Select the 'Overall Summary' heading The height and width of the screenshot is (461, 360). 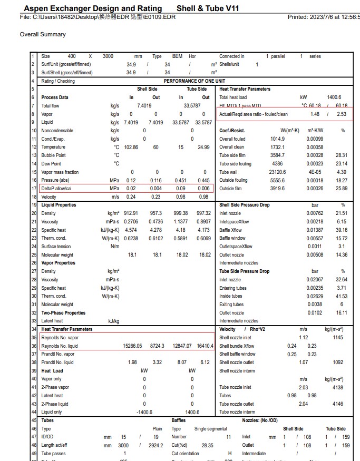point(43,34)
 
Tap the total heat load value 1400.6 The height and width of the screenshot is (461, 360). point(334,97)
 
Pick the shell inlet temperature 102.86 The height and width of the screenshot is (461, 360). point(131,147)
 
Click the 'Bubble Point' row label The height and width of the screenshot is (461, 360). point(54,155)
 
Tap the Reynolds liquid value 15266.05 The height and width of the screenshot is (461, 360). point(132,346)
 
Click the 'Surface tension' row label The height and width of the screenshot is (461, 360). point(56,246)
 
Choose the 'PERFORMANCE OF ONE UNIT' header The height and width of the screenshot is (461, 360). point(194,81)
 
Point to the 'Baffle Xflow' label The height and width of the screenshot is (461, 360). point(232,230)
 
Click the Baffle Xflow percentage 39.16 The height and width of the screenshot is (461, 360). point(342,230)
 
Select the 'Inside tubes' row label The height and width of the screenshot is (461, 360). point(231,296)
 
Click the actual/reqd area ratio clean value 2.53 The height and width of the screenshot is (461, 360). point(342,114)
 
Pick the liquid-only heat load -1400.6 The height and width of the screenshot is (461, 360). point(144,412)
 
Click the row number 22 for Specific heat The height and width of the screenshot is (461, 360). point(33,230)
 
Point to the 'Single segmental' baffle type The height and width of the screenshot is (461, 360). point(210,429)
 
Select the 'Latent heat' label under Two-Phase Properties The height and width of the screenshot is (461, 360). point(52,321)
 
